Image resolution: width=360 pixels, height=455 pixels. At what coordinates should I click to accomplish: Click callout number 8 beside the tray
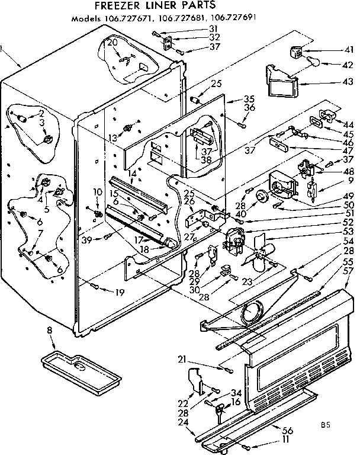point(50,330)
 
